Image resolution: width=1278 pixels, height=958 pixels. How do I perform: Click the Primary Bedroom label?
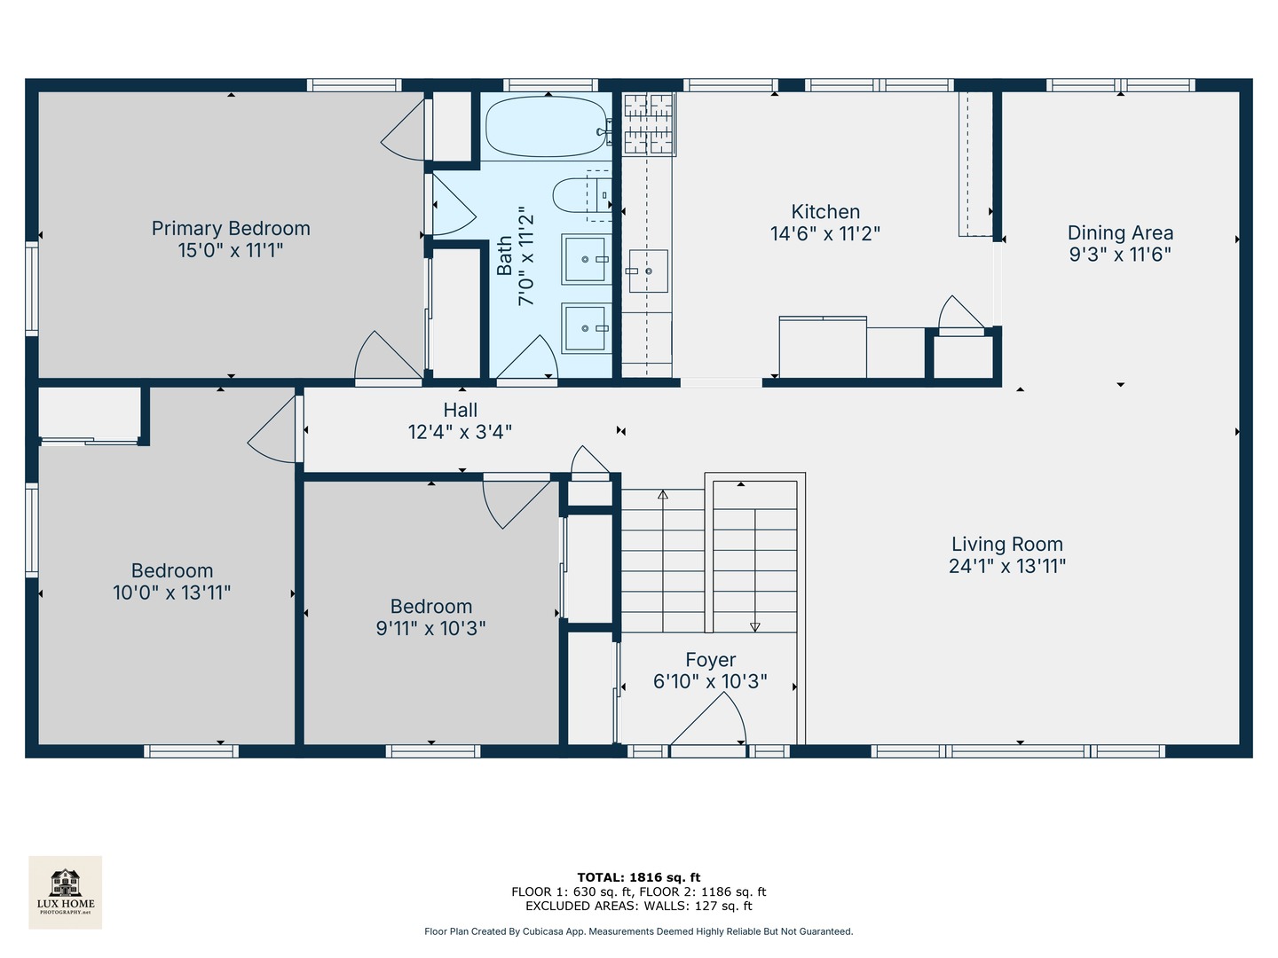pyautogui.click(x=231, y=229)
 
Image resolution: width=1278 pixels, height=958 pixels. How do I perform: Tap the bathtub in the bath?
pyautogui.click(x=546, y=128)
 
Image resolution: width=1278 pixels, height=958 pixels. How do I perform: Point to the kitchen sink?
pyautogui.click(x=647, y=271)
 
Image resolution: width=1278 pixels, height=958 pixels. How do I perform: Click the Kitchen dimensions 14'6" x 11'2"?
pyautogui.click(x=825, y=234)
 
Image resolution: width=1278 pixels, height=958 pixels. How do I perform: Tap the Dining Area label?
pyautogui.click(x=1120, y=233)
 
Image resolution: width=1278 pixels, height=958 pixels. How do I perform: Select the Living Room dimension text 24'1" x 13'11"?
pyautogui.click(x=1006, y=566)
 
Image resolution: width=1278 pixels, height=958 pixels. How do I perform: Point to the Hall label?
pyautogui.click(x=460, y=410)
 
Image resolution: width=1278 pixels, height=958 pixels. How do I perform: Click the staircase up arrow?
pyautogui.click(x=663, y=495)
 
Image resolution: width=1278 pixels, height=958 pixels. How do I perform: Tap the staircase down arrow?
pyautogui.click(x=755, y=626)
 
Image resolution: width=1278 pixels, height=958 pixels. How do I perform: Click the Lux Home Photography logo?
pyautogui.click(x=66, y=891)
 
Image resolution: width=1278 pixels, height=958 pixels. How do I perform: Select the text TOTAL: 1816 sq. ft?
pyautogui.click(x=639, y=877)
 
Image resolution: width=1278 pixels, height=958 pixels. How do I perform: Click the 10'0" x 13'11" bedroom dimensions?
pyautogui.click(x=172, y=593)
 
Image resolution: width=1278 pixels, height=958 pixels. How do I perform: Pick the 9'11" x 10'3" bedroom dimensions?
pyautogui.click(x=430, y=628)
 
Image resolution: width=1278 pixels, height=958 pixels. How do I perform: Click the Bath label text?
pyautogui.click(x=504, y=255)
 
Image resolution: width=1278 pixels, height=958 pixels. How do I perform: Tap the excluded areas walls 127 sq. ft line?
pyautogui.click(x=639, y=906)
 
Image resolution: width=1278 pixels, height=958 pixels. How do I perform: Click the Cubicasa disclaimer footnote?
pyautogui.click(x=639, y=931)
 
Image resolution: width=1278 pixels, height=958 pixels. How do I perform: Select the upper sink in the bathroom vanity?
pyautogui.click(x=585, y=259)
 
